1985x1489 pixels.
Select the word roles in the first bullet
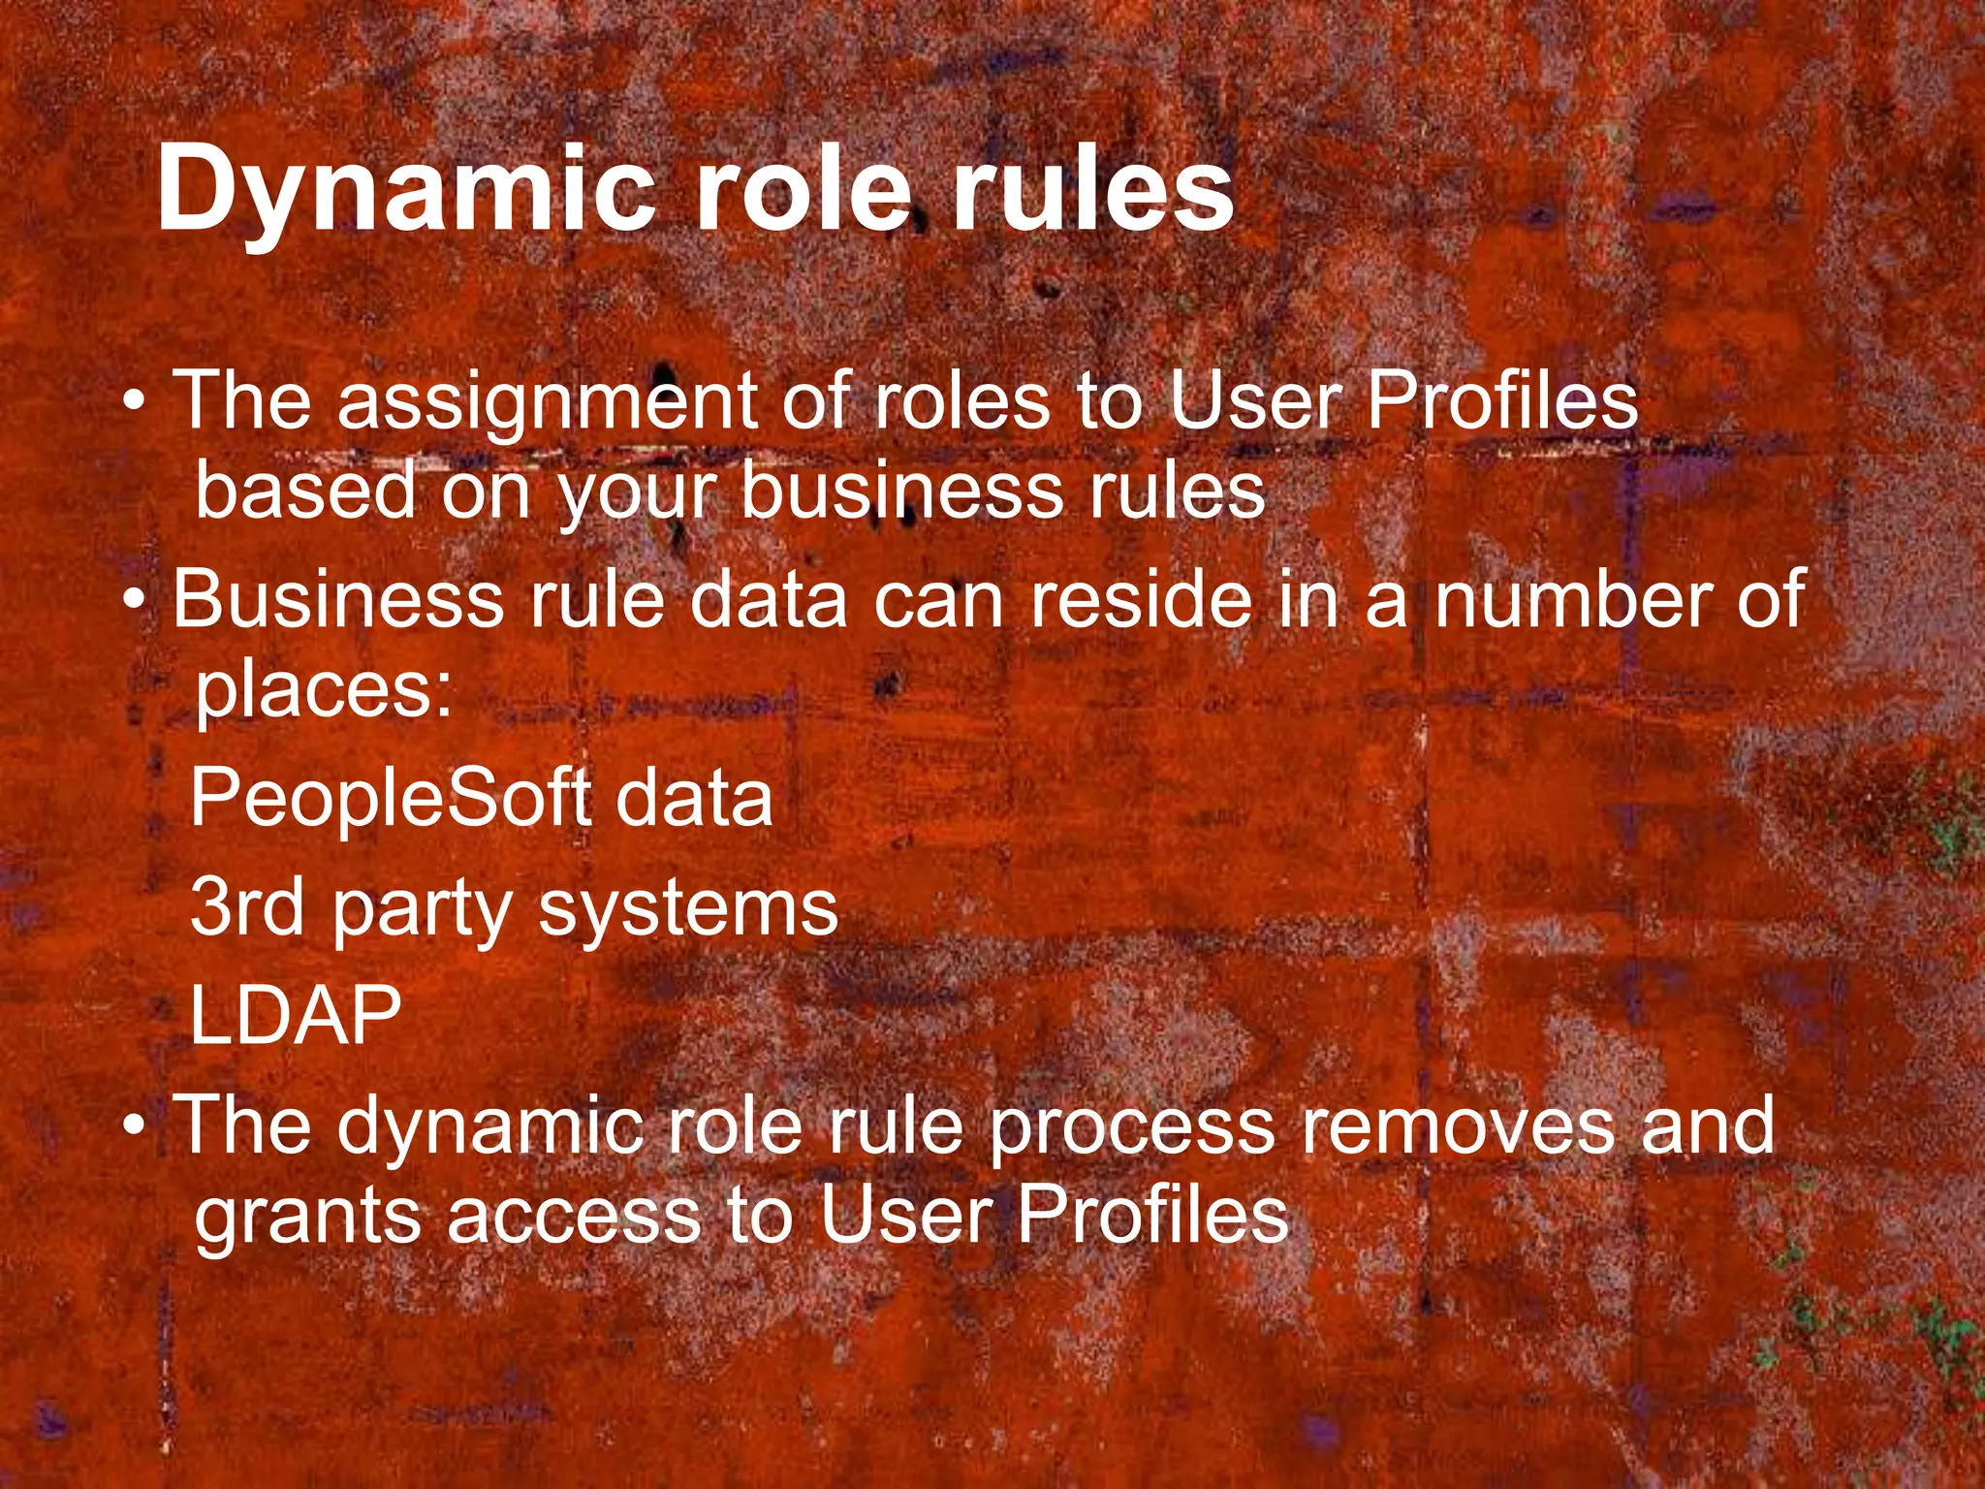[x=961, y=401]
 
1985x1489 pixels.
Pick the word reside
[x=1141, y=600]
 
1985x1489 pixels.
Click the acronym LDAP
[x=296, y=1015]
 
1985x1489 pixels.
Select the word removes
[x=1457, y=1125]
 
